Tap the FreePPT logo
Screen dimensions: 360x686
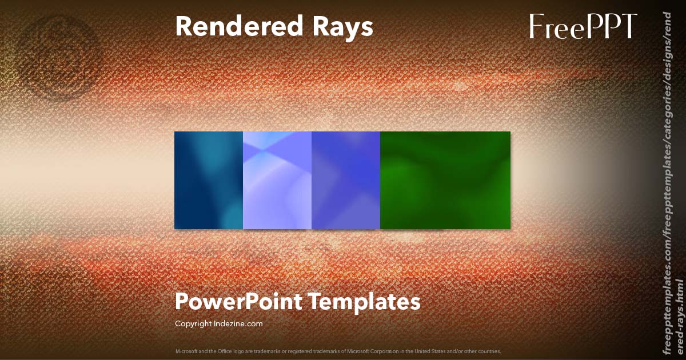point(583,27)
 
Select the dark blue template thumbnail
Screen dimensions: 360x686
point(209,180)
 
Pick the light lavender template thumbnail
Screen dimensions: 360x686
point(277,180)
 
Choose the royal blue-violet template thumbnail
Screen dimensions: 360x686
point(346,180)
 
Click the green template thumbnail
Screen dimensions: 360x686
point(445,180)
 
